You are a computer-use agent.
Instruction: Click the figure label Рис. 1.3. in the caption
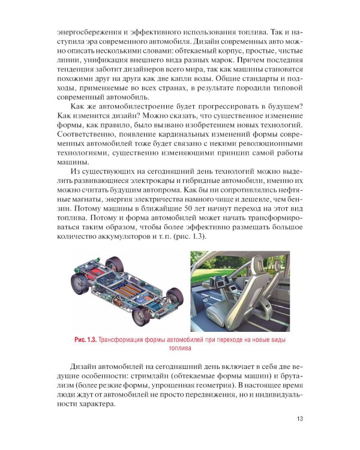pyautogui.click(x=84, y=340)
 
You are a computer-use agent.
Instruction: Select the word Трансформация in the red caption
pyautogui.click(x=125, y=340)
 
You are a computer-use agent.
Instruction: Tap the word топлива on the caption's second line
pyautogui.click(x=180, y=349)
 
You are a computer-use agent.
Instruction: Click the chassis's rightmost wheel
pyautogui.click(x=175, y=295)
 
